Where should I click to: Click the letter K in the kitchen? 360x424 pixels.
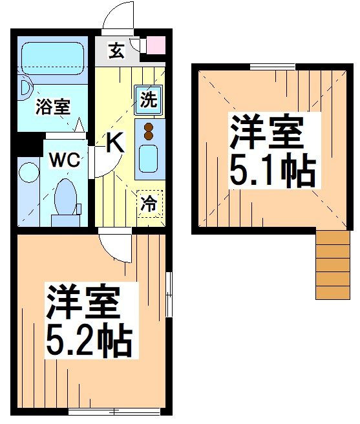tap(114, 142)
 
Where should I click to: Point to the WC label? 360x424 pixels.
tap(63, 160)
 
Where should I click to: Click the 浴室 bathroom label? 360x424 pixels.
tap(53, 107)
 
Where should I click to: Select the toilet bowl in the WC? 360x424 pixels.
tap(65, 197)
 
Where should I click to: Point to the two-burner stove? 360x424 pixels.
tap(149, 131)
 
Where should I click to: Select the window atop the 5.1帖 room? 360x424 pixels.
tap(272, 66)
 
